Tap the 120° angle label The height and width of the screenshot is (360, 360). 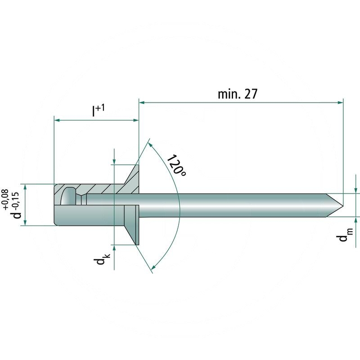point(176,166)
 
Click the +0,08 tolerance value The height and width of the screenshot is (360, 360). point(6,200)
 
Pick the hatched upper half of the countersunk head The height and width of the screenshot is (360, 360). point(130,180)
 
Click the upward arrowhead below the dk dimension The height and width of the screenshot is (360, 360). point(115,248)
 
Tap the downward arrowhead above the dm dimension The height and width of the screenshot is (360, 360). point(357,190)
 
